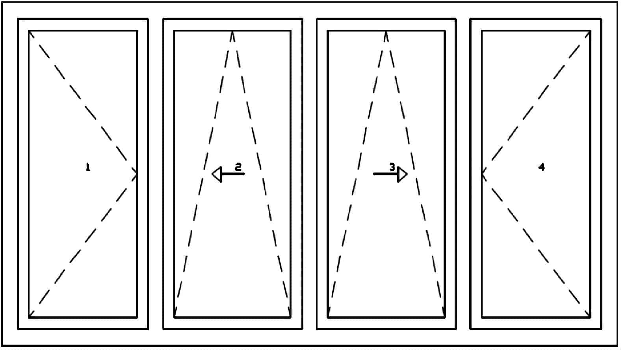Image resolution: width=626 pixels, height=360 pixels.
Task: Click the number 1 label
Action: click(88, 167)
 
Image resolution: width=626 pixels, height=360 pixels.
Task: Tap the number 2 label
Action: click(238, 167)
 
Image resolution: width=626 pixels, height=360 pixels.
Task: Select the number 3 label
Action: click(392, 167)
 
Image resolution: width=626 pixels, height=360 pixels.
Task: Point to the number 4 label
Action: click(542, 167)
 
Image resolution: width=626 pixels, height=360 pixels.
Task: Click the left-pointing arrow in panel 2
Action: click(228, 174)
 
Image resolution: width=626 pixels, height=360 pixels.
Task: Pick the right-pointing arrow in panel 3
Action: click(390, 174)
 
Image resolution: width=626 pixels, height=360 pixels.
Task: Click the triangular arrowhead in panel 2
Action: click(217, 174)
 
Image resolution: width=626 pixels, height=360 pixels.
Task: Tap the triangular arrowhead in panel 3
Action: click(403, 174)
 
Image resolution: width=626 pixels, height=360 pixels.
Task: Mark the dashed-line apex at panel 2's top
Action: click(232, 32)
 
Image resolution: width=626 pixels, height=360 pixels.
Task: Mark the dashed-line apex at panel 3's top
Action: click(386, 32)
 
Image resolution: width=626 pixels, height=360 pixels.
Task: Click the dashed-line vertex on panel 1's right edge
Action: click(137, 174)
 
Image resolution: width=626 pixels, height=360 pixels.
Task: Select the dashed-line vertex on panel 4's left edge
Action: click(482, 174)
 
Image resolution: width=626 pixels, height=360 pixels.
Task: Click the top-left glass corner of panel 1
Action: click(29, 31)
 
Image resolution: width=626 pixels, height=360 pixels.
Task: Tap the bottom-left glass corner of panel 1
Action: click(29, 317)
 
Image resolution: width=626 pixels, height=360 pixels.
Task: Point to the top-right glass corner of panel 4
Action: click(590, 31)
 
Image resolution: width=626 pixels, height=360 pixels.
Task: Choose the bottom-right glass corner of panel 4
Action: click(590, 317)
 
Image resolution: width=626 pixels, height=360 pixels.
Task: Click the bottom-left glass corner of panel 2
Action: click(175, 317)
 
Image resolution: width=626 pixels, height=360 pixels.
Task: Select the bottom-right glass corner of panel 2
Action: click(290, 317)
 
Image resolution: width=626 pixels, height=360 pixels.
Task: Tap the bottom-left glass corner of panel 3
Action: click(328, 317)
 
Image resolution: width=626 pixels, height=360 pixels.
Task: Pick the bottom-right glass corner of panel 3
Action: click(444, 317)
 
